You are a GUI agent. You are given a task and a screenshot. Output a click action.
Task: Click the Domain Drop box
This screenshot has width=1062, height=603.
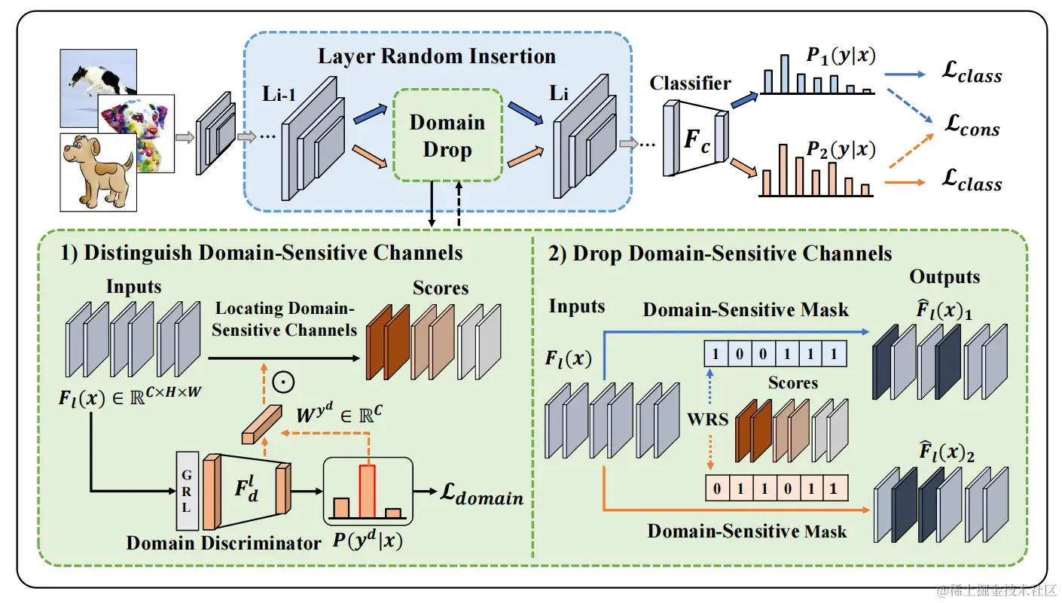[x=447, y=136]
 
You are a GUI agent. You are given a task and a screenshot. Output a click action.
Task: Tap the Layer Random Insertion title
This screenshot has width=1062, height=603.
[x=436, y=56]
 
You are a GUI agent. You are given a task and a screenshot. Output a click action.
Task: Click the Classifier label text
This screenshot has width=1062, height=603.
[x=690, y=83]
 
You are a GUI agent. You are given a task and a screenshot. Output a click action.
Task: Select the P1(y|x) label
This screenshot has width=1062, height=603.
[x=841, y=56]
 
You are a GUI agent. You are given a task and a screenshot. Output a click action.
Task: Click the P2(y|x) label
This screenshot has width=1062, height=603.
[x=841, y=151]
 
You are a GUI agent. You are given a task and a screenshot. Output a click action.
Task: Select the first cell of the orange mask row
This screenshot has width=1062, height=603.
[x=716, y=489]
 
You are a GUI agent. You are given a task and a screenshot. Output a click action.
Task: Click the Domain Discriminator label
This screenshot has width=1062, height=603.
[x=224, y=542]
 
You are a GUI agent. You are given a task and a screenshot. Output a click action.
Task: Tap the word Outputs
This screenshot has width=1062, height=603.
[x=945, y=277]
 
